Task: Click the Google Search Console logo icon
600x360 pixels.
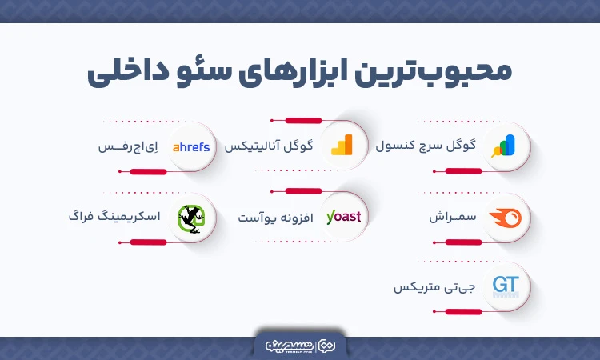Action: [x=505, y=146]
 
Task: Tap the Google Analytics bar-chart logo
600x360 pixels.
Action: [x=342, y=146]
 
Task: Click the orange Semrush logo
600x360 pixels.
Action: [x=505, y=216]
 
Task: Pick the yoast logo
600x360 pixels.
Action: [x=343, y=216]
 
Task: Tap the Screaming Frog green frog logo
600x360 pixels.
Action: [x=190, y=216]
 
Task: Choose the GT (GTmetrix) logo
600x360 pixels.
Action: [x=505, y=286]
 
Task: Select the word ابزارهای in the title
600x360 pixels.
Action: [x=304, y=72]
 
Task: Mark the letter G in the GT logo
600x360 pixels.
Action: [x=498, y=284]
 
